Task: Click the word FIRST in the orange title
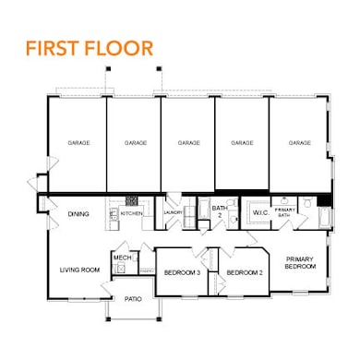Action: [x=52, y=47]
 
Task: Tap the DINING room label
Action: [x=78, y=214]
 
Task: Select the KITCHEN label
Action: [x=132, y=214]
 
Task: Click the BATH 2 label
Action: [x=220, y=211]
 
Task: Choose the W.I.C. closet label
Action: [x=259, y=213]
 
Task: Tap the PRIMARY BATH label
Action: [x=285, y=212]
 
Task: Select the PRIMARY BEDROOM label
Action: [x=300, y=262]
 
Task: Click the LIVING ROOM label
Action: [x=79, y=270]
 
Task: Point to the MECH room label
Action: [x=121, y=257]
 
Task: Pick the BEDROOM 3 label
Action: [x=183, y=272]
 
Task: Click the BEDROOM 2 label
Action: [x=245, y=272]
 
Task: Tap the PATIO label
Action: [x=133, y=299]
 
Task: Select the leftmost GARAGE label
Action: [x=78, y=143]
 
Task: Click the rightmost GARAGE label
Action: [x=298, y=143]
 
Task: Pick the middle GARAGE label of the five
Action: [x=188, y=143]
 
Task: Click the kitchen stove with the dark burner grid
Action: [x=132, y=199]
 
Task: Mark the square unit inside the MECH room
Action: [x=119, y=269]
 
